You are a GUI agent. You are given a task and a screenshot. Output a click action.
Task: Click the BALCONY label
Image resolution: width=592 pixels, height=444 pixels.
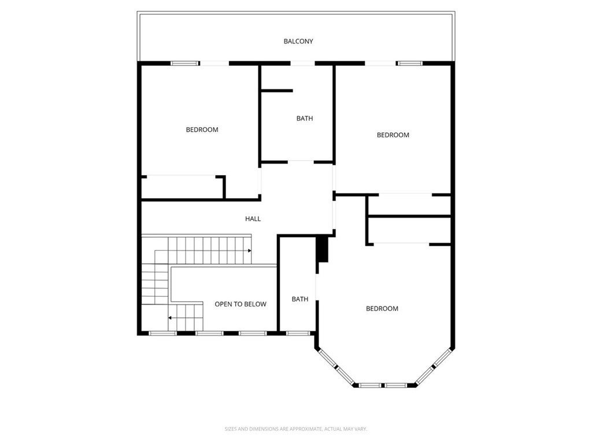[298, 41]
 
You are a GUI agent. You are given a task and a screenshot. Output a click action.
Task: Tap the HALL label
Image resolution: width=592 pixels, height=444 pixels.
[253, 219]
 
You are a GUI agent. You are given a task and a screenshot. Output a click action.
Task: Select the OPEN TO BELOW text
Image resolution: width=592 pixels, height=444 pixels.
[240, 304]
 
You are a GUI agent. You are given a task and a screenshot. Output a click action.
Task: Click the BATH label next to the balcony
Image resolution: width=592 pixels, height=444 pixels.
[305, 119]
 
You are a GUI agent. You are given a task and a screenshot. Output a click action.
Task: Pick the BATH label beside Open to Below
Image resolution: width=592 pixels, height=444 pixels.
[299, 299]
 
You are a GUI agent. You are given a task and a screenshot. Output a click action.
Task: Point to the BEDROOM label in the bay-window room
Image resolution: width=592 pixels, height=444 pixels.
[382, 309]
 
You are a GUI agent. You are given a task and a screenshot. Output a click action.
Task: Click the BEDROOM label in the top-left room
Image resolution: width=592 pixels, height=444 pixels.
[202, 129]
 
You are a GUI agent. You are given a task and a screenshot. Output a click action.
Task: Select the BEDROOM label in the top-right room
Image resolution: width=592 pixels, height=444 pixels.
[393, 135]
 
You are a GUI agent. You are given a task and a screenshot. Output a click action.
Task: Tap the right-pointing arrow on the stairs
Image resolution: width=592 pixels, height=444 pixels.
[249, 251]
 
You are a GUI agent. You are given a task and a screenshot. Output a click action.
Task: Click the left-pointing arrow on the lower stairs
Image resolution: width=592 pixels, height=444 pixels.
[170, 317]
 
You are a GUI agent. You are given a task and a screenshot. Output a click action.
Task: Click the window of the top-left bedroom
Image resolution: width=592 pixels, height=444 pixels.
[185, 63]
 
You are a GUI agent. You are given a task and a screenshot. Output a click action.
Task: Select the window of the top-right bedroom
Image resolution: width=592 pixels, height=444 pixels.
[409, 63]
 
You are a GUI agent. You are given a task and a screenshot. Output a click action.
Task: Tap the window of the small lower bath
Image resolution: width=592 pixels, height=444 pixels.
[297, 333]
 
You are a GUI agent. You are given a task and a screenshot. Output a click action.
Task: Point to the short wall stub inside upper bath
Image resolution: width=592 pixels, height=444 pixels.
[277, 90]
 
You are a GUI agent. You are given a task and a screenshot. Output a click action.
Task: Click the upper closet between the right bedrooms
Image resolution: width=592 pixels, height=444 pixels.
[409, 205]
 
